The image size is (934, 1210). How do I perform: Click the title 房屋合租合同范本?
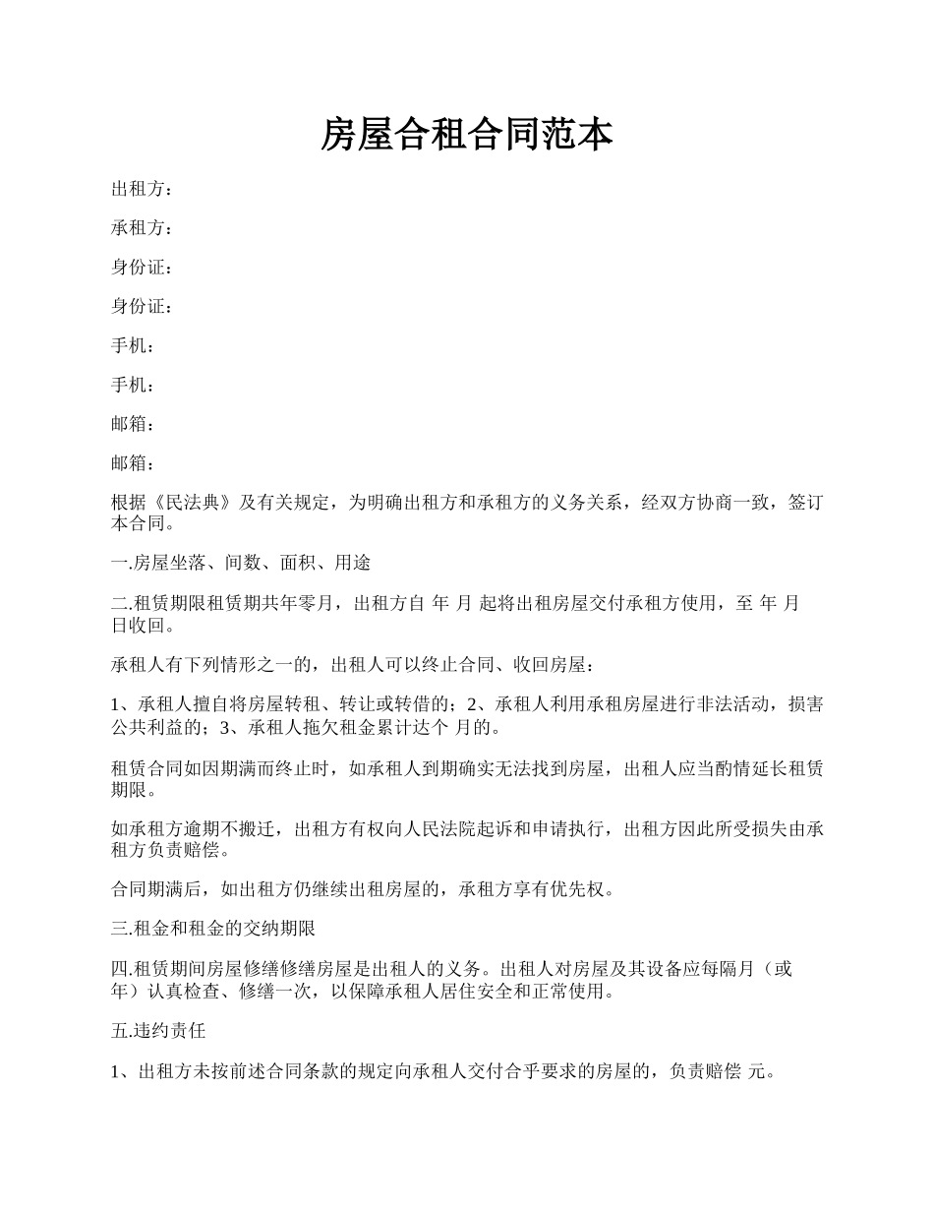click(467, 135)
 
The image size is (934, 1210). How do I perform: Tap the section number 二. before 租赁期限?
click(121, 603)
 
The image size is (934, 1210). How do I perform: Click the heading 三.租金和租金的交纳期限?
click(212, 930)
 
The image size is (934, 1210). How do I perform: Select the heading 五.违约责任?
click(158, 1032)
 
